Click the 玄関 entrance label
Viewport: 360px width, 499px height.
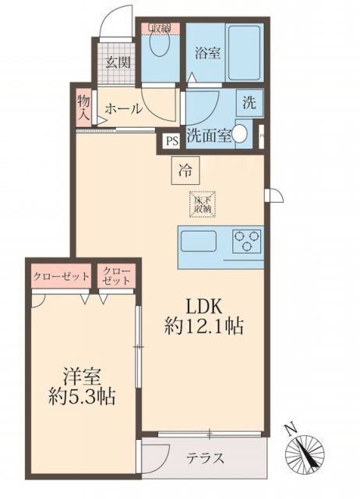[118, 64]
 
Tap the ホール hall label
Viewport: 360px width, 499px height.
[123, 109]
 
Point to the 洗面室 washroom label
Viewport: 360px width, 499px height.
[207, 135]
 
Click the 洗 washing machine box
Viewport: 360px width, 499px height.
[249, 101]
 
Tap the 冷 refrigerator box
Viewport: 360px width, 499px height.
[185, 169]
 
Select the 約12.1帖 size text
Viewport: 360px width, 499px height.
[204, 327]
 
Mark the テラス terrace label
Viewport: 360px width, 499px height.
[206, 458]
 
